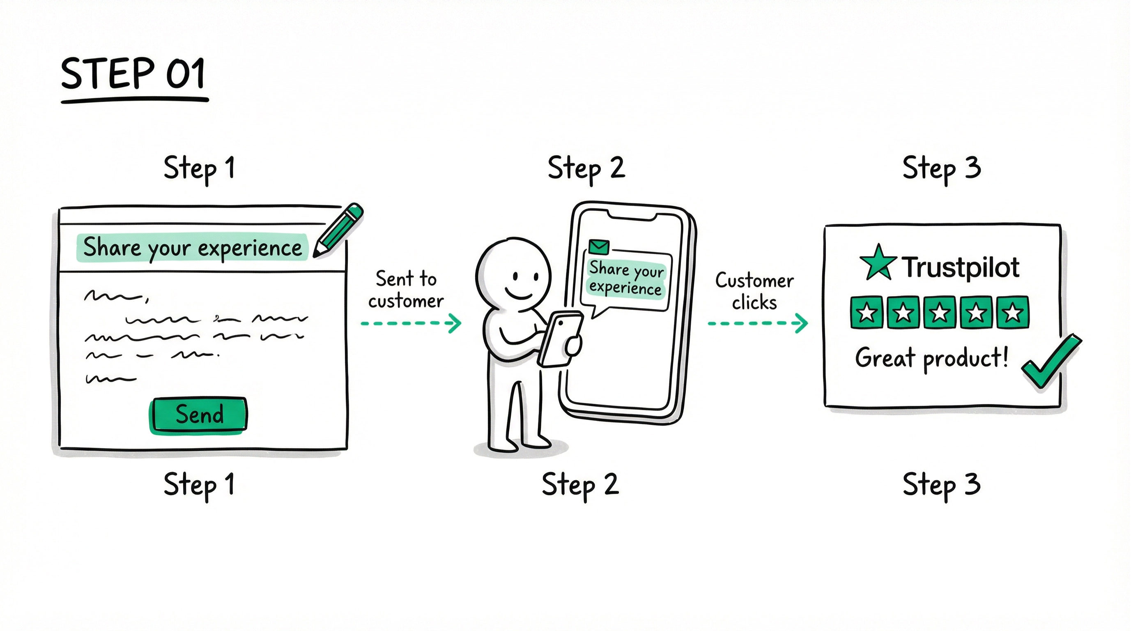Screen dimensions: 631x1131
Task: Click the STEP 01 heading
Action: [133, 74]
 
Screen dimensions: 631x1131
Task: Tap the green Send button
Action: [198, 415]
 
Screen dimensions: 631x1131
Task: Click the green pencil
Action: [338, 230]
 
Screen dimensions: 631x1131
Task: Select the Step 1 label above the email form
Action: [199, 168]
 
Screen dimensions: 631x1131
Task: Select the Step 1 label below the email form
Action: [199, 485]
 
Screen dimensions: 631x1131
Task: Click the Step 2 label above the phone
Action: [586, 168]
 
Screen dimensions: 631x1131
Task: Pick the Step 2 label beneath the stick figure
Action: [580, 485]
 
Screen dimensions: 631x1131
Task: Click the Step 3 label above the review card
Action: [941, 168]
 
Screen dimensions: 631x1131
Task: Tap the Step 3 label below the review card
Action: [941, 485]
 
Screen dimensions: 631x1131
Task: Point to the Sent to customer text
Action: [406, 290]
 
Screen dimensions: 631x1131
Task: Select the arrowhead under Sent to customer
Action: [455, 323]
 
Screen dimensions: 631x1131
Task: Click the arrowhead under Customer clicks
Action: [802, 323]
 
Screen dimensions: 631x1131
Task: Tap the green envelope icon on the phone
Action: [598, 247]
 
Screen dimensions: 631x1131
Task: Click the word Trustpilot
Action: [960, 267]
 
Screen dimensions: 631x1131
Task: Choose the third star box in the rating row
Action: [940, 313]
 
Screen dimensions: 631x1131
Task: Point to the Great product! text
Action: [931, 358]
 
